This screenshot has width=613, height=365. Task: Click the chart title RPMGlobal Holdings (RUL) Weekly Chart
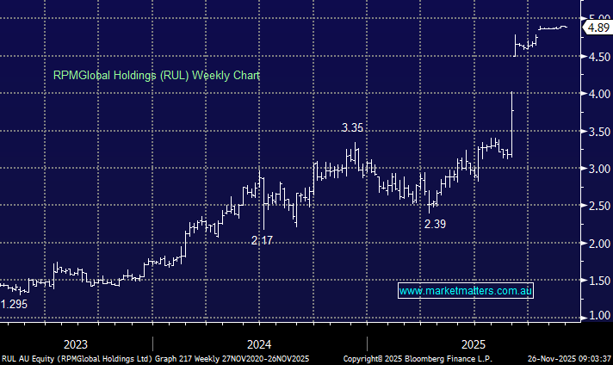point(157,75)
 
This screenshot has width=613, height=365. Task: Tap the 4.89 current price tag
point(597,28)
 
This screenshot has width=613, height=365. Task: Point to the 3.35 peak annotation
point(351,127)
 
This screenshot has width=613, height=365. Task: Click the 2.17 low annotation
point(262,240)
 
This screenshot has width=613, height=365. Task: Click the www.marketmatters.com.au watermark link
point(467,291)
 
